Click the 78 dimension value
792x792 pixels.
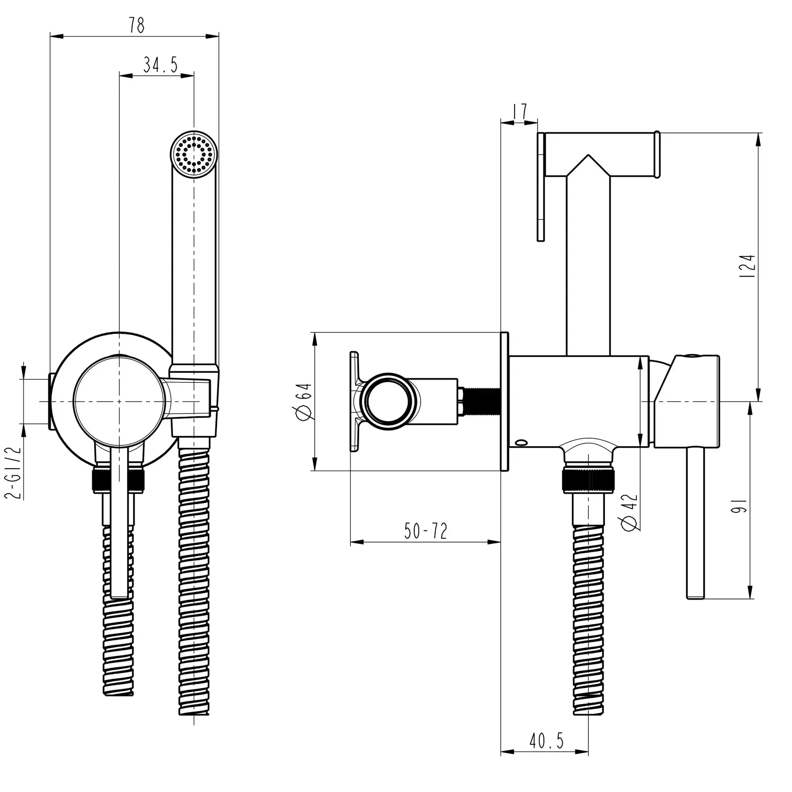[136, 26]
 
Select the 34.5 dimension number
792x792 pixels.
[160, 65]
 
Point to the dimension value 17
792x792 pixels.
[520, 112]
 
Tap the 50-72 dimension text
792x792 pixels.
[425, 531]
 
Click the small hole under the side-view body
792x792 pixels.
[523, 441]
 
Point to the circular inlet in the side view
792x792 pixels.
[389, 401]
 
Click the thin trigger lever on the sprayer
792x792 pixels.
[541, 187]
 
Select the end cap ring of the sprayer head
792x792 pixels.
[656, 155]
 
